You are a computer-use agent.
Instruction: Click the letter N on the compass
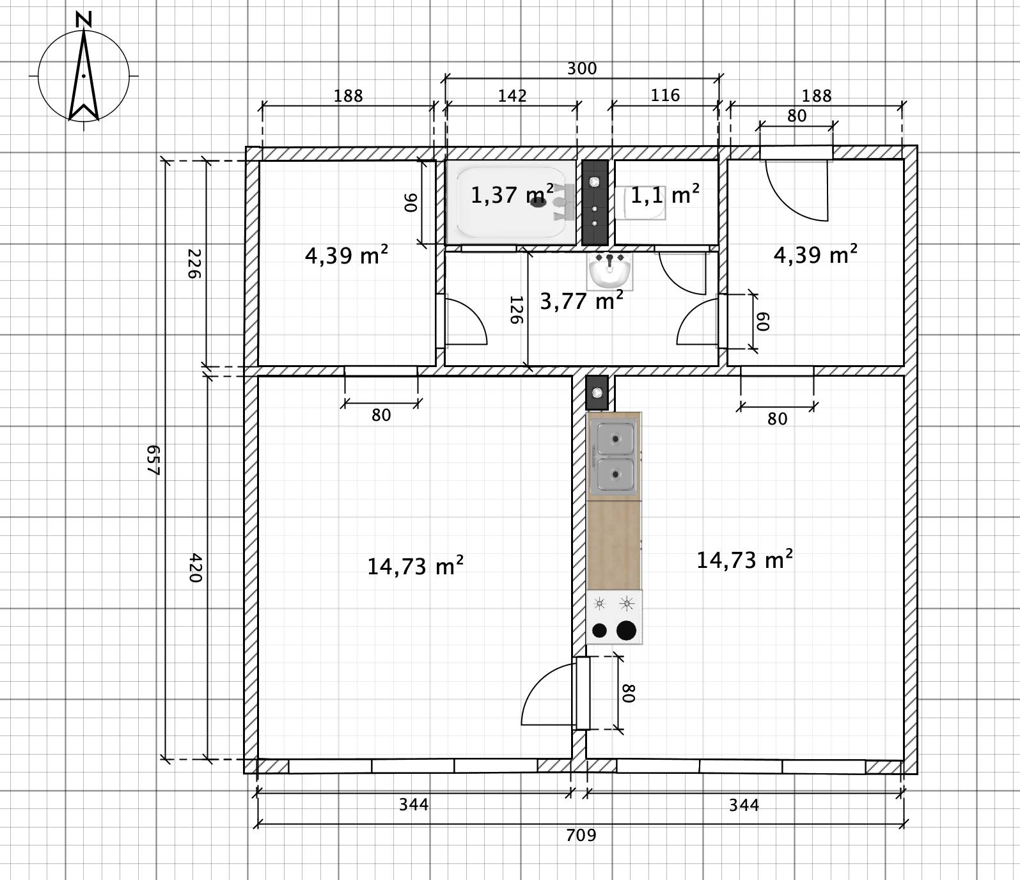coord(83,20)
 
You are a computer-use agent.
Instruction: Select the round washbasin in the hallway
coord(609,271)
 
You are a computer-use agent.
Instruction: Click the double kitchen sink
coord(615,455)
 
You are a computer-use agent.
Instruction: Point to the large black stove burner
coord(627,630)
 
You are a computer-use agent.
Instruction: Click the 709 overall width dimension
coord(581,835)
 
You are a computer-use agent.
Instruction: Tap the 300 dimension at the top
coord(582,68)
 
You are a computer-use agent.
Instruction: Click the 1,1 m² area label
coord(665,194)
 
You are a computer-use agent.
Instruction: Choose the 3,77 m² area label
coord(582,300)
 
